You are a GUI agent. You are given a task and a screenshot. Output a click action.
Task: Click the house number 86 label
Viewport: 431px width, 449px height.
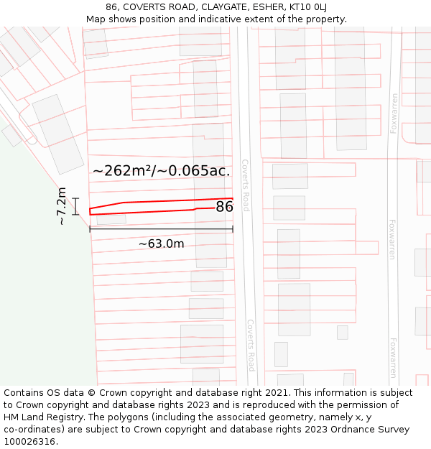[224, 207]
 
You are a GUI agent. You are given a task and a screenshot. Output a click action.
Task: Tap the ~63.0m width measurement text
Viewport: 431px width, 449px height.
[161, 244]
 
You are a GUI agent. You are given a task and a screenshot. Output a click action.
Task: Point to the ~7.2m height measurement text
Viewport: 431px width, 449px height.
[62, 206]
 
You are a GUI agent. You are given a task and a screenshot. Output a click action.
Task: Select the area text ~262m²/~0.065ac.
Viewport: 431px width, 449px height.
[161, 171]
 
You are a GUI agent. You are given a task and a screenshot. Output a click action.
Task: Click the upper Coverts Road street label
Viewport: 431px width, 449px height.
[245, 185]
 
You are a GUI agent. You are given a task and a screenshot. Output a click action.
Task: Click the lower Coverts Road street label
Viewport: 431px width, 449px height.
[251, 345]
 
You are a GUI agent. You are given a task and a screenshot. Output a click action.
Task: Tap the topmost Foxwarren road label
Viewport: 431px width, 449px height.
[394, 114]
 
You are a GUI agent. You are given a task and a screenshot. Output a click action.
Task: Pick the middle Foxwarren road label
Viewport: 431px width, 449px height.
[392, 239]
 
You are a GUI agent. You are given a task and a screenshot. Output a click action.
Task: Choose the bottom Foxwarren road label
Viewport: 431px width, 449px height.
[392, 358]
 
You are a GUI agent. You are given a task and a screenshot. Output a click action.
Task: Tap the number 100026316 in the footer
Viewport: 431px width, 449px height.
[29, 442]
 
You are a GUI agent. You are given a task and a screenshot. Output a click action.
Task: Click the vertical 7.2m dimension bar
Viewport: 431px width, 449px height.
[75, 206]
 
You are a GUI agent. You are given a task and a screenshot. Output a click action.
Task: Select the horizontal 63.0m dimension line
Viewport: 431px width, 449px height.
[161, 229]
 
